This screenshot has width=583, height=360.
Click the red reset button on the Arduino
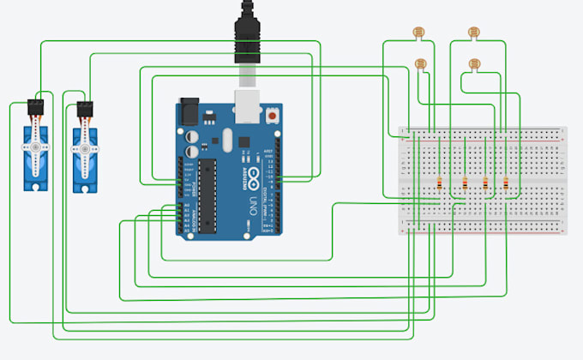pos(273,114)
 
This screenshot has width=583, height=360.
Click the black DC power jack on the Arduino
pos(189,111)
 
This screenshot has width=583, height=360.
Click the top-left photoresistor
pos(418,33)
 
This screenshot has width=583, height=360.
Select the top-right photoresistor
pos(473,33)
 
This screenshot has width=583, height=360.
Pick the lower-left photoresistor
pos(420,63)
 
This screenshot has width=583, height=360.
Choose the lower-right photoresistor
pos(473,63)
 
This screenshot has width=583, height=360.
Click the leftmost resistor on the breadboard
pos(440,183)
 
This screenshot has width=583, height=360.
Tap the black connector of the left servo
pos(37,107)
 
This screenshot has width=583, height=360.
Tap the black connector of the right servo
pos(84,109)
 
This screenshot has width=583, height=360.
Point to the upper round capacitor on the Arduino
pos(189,135)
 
